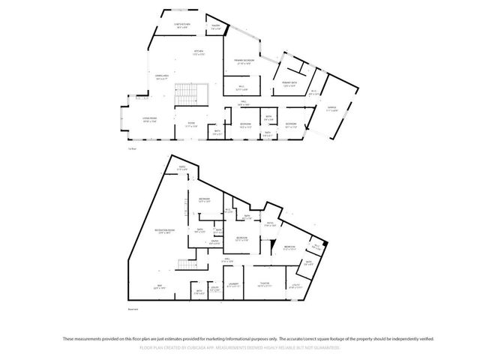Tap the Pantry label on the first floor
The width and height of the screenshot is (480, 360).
(x=214, y=26)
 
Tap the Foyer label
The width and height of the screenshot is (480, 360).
(x=191, y=124)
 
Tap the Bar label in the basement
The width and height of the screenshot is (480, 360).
(x=160, y=286)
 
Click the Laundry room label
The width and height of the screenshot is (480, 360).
(x=234, y=284)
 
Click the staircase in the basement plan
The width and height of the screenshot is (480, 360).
(x=185, y=265)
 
